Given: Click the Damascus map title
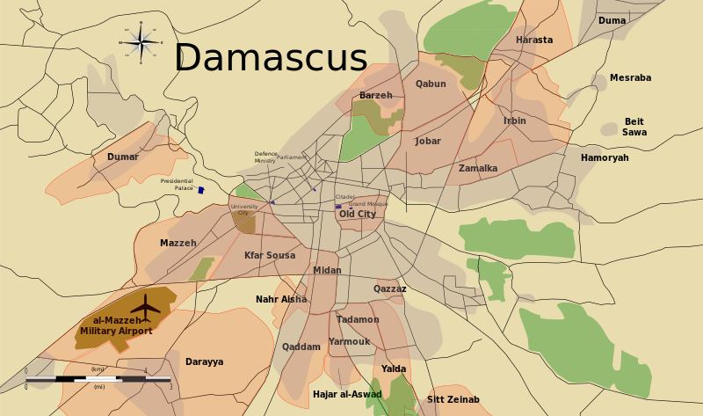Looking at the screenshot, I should [270, 58].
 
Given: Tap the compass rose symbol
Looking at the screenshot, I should [141, 41].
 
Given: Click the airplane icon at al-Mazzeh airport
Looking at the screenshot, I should [146, 307].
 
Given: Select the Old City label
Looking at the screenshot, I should [358, 214].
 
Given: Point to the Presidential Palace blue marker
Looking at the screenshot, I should [201, 190].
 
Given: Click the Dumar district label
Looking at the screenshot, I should [123, 157].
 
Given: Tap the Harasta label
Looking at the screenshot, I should [534, 40].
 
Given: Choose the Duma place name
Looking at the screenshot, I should [612, 20].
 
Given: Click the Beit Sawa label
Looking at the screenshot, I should [634, 127].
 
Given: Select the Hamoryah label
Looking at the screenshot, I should [605, 157].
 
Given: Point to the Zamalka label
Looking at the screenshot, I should [478, 168].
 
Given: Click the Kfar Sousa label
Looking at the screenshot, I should [270, 255].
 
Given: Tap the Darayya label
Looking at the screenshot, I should [204, 361].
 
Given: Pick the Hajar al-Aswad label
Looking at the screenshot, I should [347, 394].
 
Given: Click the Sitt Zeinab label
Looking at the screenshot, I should [453, 399].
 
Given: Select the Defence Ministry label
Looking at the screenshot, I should [265, 157].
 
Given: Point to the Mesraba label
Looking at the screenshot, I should [630, 77].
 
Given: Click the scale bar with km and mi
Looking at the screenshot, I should [98, 378].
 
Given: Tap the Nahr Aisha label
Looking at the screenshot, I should [281, 299].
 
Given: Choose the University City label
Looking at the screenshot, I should [244, 209].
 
